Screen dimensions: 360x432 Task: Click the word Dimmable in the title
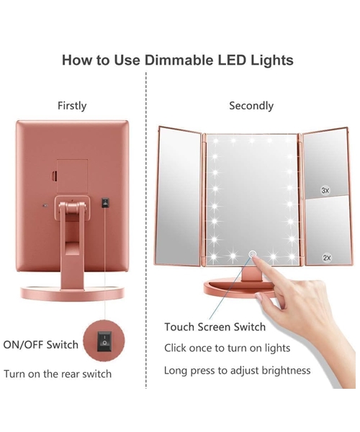[x=179, y=60]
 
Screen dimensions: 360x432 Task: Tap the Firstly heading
[x=72, y=106]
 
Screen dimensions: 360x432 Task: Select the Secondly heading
[x=251, y=106]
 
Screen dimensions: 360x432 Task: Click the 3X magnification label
[x=325, y=190]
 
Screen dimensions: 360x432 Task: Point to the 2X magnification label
[x=327, y=258]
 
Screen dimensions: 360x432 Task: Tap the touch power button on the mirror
[x=252, y=254]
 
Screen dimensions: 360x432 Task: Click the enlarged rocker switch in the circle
[x=104, y=341]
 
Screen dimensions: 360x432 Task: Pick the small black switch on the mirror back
[x=105, y=202]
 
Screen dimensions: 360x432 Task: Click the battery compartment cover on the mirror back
[x=72, y=176]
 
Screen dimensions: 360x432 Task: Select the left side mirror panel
[x=179, y=197]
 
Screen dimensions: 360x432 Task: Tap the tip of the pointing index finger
[x=253, y=256]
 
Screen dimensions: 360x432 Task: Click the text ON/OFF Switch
[x=41, y=345]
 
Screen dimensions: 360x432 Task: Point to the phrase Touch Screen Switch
[x=215, y=327]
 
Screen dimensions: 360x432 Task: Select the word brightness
[x=286, y=371]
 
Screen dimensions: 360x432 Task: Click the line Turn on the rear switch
[x=58, y=374]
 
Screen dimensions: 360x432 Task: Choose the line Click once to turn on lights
[x=228, y=348]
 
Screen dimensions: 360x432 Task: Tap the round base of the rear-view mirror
[x=72, y=293]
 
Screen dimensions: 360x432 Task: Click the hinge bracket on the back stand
[x=73, y=208]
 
